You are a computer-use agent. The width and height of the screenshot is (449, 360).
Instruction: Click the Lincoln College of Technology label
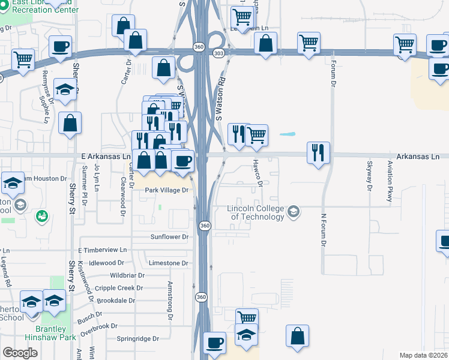click(255, 212)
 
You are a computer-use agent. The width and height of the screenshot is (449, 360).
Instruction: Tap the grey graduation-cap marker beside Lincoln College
click(294, 211)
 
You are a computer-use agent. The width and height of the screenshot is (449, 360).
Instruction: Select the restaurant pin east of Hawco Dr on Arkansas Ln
click(318, 153)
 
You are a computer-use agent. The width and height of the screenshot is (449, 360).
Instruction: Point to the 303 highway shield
click(218, 53)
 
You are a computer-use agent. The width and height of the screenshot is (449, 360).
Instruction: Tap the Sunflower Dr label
click(169, 237)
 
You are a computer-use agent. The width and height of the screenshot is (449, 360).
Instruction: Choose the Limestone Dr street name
click(169, 263)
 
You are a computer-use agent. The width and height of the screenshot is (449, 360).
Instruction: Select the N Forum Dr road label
click(323, 230)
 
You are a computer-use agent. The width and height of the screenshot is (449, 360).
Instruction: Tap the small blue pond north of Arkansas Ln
click(288, 134)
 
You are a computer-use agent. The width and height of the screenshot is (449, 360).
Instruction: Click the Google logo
click(20, 353)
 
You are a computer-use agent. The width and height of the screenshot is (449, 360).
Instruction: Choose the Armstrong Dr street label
click(170, 299)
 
